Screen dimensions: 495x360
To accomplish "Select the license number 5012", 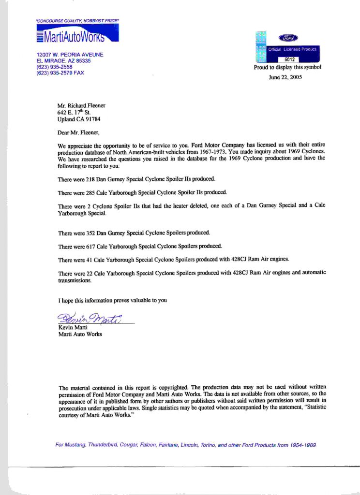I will coord(289,59).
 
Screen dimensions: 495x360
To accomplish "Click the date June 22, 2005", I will coord(285,76).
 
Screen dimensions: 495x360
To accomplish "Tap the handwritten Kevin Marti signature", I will coord(90,319).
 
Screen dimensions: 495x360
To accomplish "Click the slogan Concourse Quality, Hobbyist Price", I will coord(77,21).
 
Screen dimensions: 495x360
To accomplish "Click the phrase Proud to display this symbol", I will coord(287,68).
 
